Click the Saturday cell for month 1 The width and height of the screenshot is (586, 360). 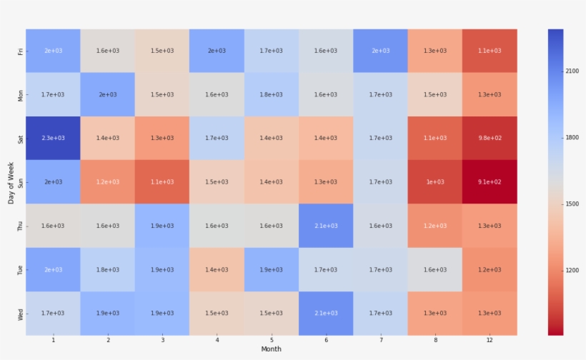tap(53, 138)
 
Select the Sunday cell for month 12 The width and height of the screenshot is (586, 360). tap(490, 181)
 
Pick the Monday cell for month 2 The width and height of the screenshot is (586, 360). tap(108, 94)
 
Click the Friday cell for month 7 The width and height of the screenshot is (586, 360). tap(381, 51)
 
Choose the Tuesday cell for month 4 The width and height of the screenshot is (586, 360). tap(217, 269)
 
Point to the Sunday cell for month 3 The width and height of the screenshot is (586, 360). tap(162, 181)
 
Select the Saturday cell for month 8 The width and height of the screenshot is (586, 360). tap(435, 138)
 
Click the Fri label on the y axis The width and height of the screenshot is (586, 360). tap(19, 51)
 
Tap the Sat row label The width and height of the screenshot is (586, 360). tap(19, 138)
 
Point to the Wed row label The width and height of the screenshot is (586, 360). tap(19, 313)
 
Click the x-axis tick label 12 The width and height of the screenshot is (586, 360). tap(490, 341)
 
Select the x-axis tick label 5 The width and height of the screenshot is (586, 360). tap(272, 341)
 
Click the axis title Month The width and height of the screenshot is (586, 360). tap(272, 349)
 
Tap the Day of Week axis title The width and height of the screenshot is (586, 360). tap(11, 181)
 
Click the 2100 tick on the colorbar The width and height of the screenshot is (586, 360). tap(572, 71)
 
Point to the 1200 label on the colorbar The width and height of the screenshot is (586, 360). tap(572, 270)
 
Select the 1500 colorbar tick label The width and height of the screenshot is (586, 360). tap(572, 204)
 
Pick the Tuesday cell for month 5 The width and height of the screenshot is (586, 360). tap(272, 269)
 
